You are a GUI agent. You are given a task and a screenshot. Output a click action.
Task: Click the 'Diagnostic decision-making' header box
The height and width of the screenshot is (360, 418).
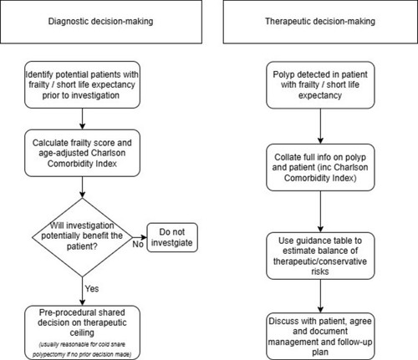pyautogui.click(x=101, y=22)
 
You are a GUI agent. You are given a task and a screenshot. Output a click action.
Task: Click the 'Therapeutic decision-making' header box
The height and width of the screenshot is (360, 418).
pyautogui.click(x=320, y=22)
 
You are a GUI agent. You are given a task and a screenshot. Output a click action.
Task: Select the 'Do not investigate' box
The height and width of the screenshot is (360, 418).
pyautogui.click(x=172, y=237)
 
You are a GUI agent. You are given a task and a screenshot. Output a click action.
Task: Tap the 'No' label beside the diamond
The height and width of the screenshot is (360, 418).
pyautogui.click(x=138, y=244)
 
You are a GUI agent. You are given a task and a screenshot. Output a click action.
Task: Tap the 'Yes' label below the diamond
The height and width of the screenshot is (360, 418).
pyautogui.click(x=92, y=289)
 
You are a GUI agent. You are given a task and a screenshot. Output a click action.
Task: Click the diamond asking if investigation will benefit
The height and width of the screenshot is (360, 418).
pyautogui.click(x=82, y=237)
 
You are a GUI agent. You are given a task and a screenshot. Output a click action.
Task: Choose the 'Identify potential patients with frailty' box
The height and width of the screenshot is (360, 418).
pyautogui.click(x=82, y=85)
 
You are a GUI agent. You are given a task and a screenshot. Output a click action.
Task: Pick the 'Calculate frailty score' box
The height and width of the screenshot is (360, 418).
pyautogui.click(x=82, y=153)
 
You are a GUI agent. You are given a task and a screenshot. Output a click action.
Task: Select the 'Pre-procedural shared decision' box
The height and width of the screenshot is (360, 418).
pyautogui.click(x=82, y=332)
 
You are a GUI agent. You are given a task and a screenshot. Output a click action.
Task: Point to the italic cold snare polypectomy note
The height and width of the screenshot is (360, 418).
pyautogui.click(x=82, y=349)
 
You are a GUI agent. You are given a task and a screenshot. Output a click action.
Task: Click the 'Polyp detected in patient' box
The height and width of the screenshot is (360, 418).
pyautogui.click(x=320, y=85)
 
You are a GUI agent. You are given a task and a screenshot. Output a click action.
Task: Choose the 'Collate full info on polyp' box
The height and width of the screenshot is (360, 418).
pyautogui.click(x=320, y=167)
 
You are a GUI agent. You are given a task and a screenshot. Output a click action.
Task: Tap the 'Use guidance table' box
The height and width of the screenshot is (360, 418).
pyautogui.click(x=320, y=256)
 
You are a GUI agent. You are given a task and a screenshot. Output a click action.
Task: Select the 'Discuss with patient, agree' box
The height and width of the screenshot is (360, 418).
pyautogui.click(x=320, y=337)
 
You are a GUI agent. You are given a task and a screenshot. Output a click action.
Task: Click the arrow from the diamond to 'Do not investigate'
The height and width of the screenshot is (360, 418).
pyautogui.click(x=140, y=237)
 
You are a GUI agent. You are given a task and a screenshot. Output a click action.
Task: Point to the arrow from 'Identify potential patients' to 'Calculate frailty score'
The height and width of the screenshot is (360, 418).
pyautogui.click(x=82, y=119)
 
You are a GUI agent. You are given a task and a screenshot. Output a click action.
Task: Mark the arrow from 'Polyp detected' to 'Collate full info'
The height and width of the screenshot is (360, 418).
pyautogui.click(x=320, y=126)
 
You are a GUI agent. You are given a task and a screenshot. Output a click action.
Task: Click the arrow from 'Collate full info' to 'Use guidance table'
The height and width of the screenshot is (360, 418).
pyautogui.click(x=320, y=211)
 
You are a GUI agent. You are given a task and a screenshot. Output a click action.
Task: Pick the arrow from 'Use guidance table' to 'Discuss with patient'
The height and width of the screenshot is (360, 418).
pyautogui.click(x=320, y=296)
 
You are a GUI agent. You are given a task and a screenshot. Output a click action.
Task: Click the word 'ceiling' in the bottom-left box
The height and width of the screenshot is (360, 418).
pyautogui.click(x=82, y=332)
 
